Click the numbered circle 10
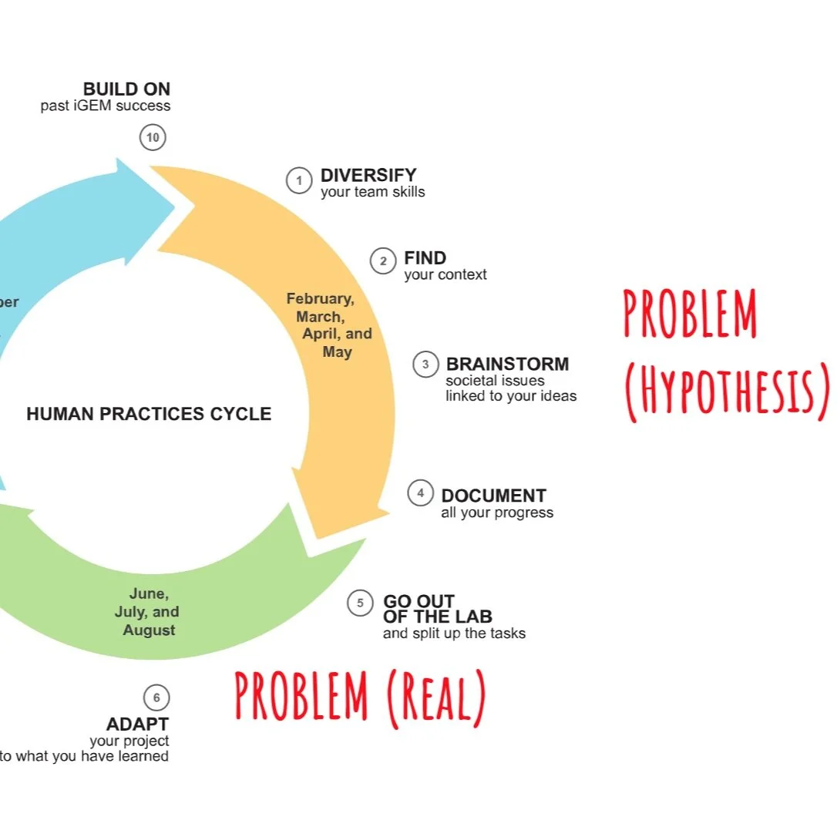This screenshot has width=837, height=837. point(153,138)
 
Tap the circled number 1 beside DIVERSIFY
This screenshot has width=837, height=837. point(299,180)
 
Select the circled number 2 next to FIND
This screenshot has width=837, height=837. point(382,261)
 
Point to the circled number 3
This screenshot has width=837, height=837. point(425,364)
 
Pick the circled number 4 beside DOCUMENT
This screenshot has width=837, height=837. point(420,493)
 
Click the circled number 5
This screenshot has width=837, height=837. point(360,603)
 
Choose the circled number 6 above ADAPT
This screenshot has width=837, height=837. point(156,698)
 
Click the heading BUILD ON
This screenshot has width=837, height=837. point(126,89)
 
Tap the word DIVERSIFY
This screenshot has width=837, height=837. point(368,176)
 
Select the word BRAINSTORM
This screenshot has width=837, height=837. point(507,364)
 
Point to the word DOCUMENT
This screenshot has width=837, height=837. point(493,496)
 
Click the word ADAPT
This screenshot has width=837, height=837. point(137,724)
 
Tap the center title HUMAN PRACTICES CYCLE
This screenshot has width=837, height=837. point(149,414)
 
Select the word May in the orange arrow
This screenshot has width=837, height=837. point(338,352)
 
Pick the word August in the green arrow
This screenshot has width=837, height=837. point(150,630)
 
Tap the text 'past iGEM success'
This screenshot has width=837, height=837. point(106,106)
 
